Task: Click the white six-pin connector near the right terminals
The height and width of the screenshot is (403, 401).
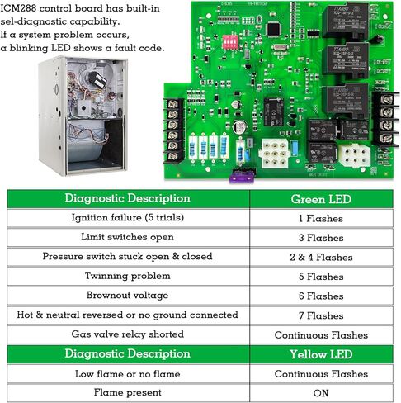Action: pyautogui.click(x=353, y=154)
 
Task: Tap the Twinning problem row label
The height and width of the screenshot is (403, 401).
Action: pyautogui.click(x=127, y=277)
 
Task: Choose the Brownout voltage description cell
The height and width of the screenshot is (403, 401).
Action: pyautogui.click(x=127, y=296)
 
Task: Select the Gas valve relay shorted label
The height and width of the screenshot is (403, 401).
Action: pyautogui.click(x=127, y=334)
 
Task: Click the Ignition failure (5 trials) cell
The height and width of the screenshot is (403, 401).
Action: pyautogui.click(x=127, y=218)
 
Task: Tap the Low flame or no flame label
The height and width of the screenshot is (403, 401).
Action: pyautogui.click(x=127, y=374)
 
